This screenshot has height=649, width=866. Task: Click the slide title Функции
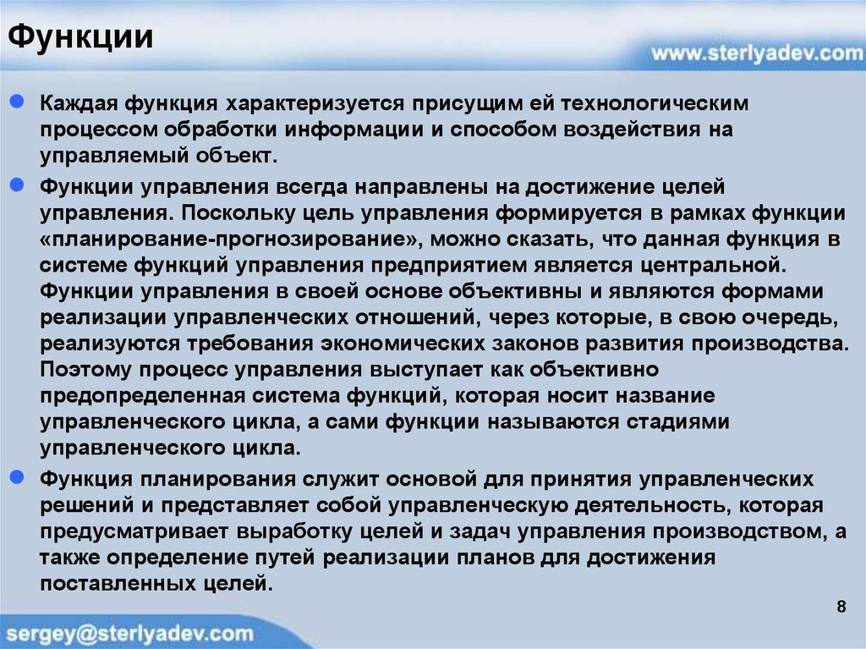(x=80, y=39)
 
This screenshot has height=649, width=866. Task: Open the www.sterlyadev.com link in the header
(x=751, y=53)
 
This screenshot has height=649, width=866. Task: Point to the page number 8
(x=841, y=607)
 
